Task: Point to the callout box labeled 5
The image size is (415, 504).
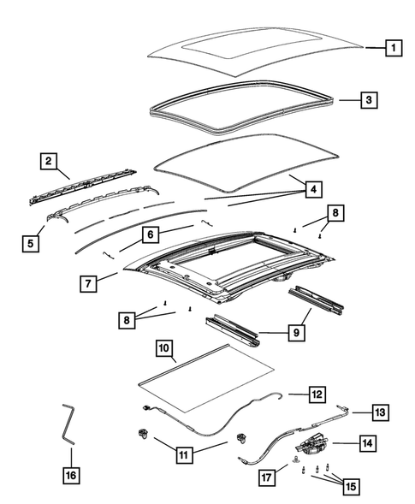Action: coord(31,243)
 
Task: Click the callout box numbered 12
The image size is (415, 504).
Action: coord(317,394)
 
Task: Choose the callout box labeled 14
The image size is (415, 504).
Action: coord(366,443)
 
